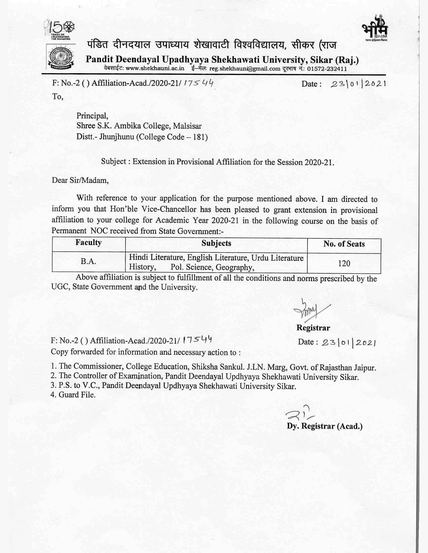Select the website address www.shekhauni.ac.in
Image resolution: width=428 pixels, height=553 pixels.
[155, 69]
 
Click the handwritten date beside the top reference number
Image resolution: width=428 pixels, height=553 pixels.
[358, 83]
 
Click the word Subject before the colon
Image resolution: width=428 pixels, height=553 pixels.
[114, 161]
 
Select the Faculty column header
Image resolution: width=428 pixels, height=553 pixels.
[88, 243]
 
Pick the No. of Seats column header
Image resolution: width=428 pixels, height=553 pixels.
[344, 244]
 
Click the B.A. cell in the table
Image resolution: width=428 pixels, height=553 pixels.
[88, 261]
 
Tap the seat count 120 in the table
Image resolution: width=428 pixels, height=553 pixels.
[344, 263]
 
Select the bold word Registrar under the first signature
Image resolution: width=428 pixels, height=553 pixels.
[313, 328]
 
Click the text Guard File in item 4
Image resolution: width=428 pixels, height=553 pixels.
[77, 395]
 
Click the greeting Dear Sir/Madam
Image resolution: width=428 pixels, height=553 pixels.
[80, 180]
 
